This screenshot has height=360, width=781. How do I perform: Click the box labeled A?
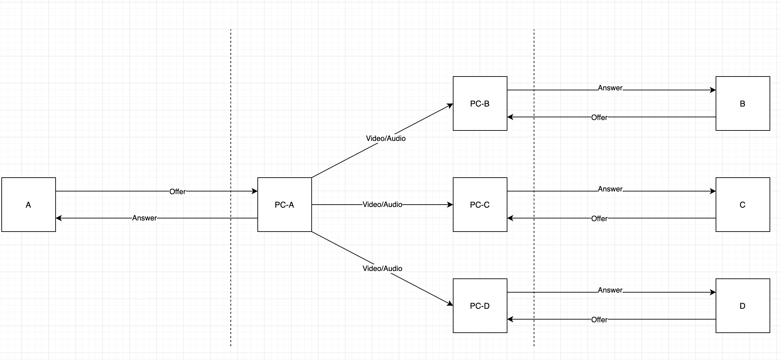coord(29,205)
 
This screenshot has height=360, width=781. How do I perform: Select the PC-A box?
coord(284,205)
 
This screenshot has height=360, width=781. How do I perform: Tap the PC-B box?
coord(480,103)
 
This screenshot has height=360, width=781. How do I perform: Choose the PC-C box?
coord(480,205)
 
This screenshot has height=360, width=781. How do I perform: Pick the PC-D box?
coord(480,306)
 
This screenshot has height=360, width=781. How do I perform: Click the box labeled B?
coord(743,103)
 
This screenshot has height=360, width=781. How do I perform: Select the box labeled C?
coord(743,205)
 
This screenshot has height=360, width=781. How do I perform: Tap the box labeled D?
coord(743,306)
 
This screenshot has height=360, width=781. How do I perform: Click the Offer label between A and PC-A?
coord(177,191)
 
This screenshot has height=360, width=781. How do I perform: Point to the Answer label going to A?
coord(144,218)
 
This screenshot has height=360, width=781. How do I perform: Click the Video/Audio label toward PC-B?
coord(385,138)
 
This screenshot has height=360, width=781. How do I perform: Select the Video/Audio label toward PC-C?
coord(382,205)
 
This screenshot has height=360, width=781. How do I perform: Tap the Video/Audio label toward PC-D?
coord(382,268)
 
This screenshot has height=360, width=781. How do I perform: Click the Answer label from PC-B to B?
coord(610,88)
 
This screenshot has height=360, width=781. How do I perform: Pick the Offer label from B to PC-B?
coord(599,117)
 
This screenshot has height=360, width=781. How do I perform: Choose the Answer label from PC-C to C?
coord(610,189)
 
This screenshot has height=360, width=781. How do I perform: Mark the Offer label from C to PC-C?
coord(599,218)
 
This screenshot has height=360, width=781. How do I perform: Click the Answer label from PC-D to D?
coord(610,290)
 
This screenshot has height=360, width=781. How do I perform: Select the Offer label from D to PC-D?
coord(599,320)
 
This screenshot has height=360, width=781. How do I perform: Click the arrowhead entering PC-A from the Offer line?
coord(255,191)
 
